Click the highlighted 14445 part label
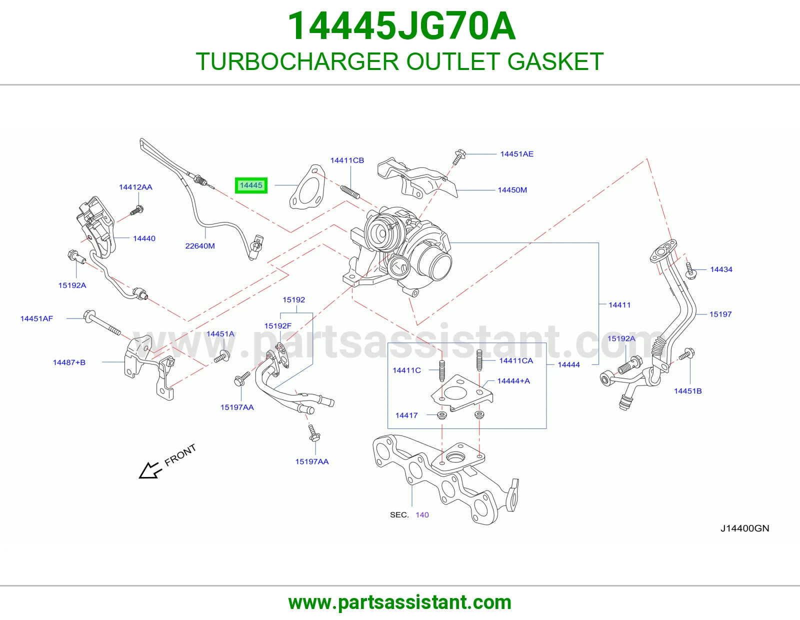point(251,185)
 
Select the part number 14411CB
point(347,160)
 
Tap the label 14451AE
point(516,154)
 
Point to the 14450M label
point(512,190)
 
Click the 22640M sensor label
point(200,246)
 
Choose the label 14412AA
point(135,187)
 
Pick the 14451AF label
point(36,318)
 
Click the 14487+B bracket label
point(69,362)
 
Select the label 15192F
point(277,326)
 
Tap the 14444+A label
point(513,380)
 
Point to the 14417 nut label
point(406,415)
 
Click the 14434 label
point(721,269)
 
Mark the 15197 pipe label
point(720,314)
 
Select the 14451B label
point(687,391)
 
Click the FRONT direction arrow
point(150,470)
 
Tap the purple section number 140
point(422,514)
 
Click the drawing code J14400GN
point(745,528)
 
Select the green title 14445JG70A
point(401,26)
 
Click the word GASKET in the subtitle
point(555,61)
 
